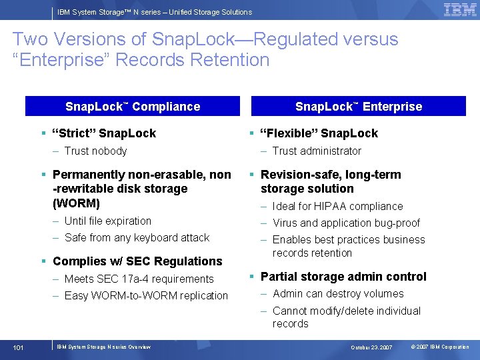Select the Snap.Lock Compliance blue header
coord(133,107)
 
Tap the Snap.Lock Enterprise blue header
coord(359,107)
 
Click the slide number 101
coord(19,347)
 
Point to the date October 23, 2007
coord(372,347)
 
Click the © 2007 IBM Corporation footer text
coord(440,347)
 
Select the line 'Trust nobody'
coord(95,151)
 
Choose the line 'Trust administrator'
coord(317,151)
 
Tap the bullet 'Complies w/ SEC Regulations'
coord(137,261)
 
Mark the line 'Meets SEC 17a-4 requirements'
coord(139,279)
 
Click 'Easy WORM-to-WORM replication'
coord(146,296)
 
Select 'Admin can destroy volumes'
coord(338,294)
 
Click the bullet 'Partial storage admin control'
coord(343,277)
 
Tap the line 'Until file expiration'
coord(108,221)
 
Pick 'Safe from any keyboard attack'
coord(137,238)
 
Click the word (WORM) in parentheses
coord(76,203)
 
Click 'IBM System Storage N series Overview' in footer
coord(103,347)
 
